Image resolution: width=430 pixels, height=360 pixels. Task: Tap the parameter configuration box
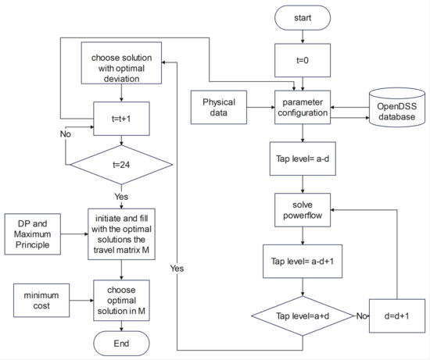click(x=302, y=107)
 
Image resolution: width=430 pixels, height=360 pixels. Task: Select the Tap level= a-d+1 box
click(x=302, y=262)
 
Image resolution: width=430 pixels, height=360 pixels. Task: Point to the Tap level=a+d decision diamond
click(x=302, y=316)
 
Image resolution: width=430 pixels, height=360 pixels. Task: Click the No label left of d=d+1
click(x=361, y=316)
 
